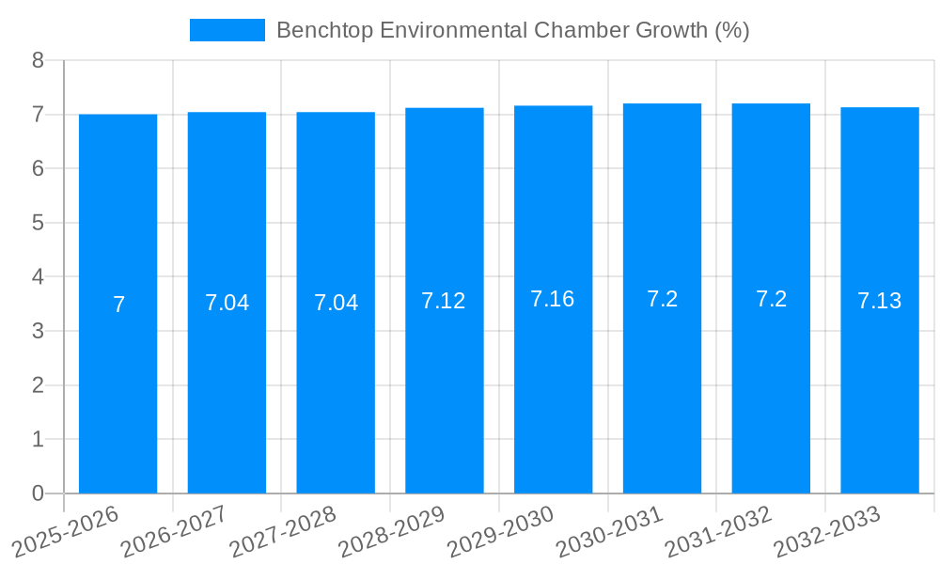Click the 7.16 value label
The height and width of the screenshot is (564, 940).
coord(553,299)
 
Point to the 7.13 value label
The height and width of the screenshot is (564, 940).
coord(880,301)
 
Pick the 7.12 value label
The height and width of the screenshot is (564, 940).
coord(444,301)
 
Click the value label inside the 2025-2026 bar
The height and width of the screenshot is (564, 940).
coord(118,305)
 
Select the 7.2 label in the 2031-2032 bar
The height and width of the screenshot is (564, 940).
coord(771,299)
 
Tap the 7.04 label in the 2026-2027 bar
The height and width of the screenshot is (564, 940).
coord(227,303)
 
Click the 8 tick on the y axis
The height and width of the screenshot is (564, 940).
coord(39,61)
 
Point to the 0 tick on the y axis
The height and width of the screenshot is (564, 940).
coord(39,493)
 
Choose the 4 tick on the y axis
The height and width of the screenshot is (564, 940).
coord(39,277)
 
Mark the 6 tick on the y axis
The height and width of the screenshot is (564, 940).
coord(39,169)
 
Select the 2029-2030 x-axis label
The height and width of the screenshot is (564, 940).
coord(501,531)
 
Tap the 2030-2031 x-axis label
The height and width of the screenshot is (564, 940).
coord(610,531)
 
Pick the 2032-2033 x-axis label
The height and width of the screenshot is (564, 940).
coord(827,531)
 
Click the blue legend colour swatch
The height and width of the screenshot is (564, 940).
coord(227,30)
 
